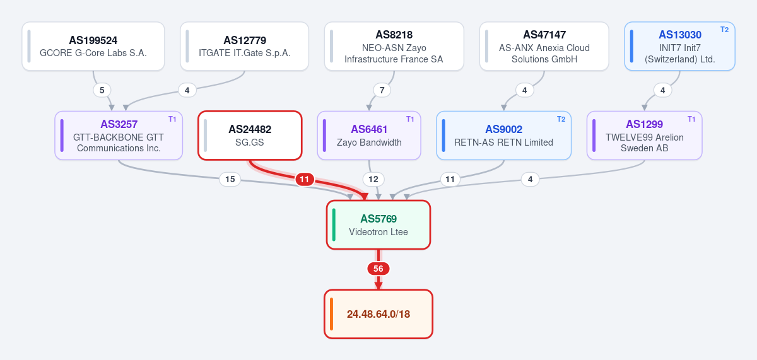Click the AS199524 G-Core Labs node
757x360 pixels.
click(93, 46)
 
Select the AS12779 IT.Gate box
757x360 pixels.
click(244, 46)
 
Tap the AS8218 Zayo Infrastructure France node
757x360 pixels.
click(394, 46)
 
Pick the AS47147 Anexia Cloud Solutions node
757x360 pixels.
click(544, 46)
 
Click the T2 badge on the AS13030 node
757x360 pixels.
click(725, 30)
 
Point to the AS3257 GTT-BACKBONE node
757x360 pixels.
click(119, 136)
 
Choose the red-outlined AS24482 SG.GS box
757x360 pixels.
click(250, 136)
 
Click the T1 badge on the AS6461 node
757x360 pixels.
click(410, 119)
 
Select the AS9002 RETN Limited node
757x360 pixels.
click(503, 136)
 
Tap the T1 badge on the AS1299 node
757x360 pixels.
click(691, 119)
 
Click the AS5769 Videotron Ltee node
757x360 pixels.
click(378, 225)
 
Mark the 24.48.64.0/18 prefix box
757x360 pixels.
click(378, 314)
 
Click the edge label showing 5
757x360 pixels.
click(102, 90)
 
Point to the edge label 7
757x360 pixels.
click(382, 90)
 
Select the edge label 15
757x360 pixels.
click(230, 179)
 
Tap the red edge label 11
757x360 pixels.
click(305, 179)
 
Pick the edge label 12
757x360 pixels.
click(373, 179)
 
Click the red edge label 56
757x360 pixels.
click(378, 269)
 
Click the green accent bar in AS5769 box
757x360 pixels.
click(334, 225)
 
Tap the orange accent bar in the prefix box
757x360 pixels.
click(332, 314)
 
